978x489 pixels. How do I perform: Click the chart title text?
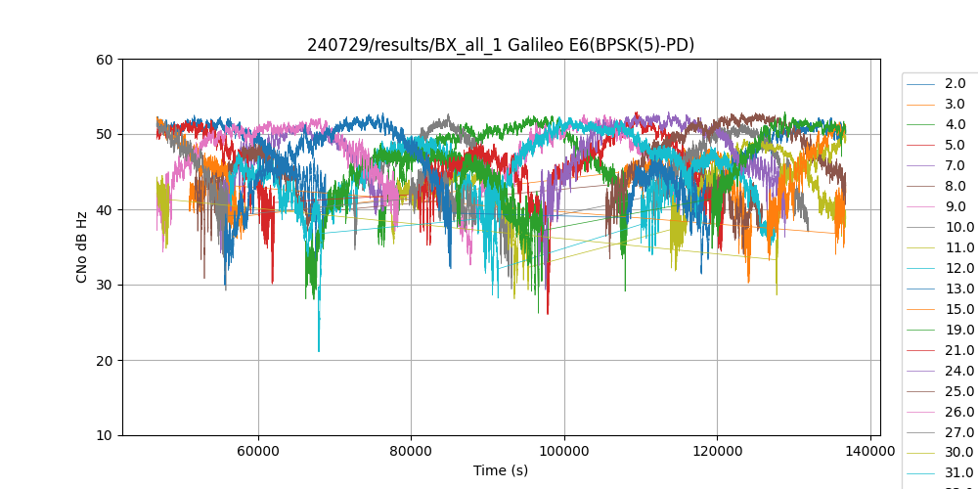[501, 45]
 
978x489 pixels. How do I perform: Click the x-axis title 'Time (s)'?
[501, 470]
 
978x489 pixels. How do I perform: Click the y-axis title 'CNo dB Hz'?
[82, 247]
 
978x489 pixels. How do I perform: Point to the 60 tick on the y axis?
[105, 60]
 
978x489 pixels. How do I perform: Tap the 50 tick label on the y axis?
[105, 135]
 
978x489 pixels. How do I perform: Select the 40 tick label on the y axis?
[105, 210]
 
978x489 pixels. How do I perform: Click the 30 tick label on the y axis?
[105, 286]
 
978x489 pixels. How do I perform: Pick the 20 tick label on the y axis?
[105, 361]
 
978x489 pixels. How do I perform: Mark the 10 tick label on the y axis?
[105, 436]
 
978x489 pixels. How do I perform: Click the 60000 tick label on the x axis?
[258, 451]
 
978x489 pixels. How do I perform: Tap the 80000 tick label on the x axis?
[411, 451]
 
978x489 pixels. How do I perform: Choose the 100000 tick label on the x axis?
[564, 451]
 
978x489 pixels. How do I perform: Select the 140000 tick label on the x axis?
[870, 451]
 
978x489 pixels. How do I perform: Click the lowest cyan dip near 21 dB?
[319, 350]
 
